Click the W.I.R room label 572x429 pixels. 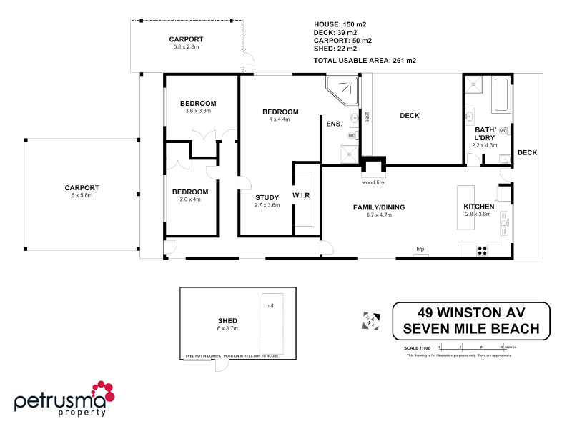[301, 196]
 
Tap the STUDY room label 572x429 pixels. [267, 197]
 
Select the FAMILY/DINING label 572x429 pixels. [379, 207]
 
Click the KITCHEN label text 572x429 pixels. [479, 207]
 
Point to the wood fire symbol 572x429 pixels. [373, 167]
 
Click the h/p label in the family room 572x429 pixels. [420, 249]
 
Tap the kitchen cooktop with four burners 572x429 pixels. [482, 250]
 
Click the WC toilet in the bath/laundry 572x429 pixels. [503, 131]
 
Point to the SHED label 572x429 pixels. [228, 321]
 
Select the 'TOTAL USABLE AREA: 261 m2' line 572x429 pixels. [365, 61]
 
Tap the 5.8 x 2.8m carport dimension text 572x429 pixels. [186, 47]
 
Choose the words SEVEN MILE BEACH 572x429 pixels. [472, 329]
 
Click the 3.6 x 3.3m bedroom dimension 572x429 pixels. [198, 111]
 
